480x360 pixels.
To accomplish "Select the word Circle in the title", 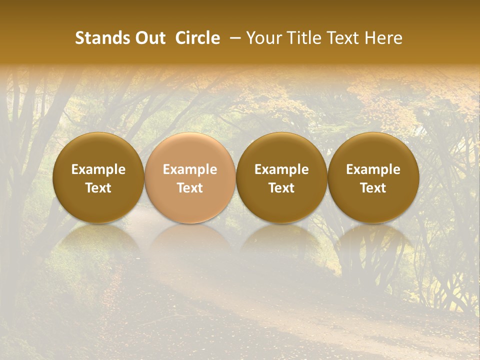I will point(197,38).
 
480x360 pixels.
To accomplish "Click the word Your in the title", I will point(263,38).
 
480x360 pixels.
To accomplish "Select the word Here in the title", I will point(384,38).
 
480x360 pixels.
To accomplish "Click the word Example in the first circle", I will point(98,169).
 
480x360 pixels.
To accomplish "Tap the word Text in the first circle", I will point(98,188).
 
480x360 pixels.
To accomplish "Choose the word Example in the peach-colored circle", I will point(190,169).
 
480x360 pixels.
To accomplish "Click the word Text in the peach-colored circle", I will point(190,188).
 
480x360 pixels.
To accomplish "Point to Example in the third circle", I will point(281,169).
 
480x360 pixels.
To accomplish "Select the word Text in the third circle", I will point(281,188).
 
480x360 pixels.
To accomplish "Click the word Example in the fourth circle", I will point(373,169).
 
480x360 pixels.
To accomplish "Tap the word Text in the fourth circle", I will point(373,188).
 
